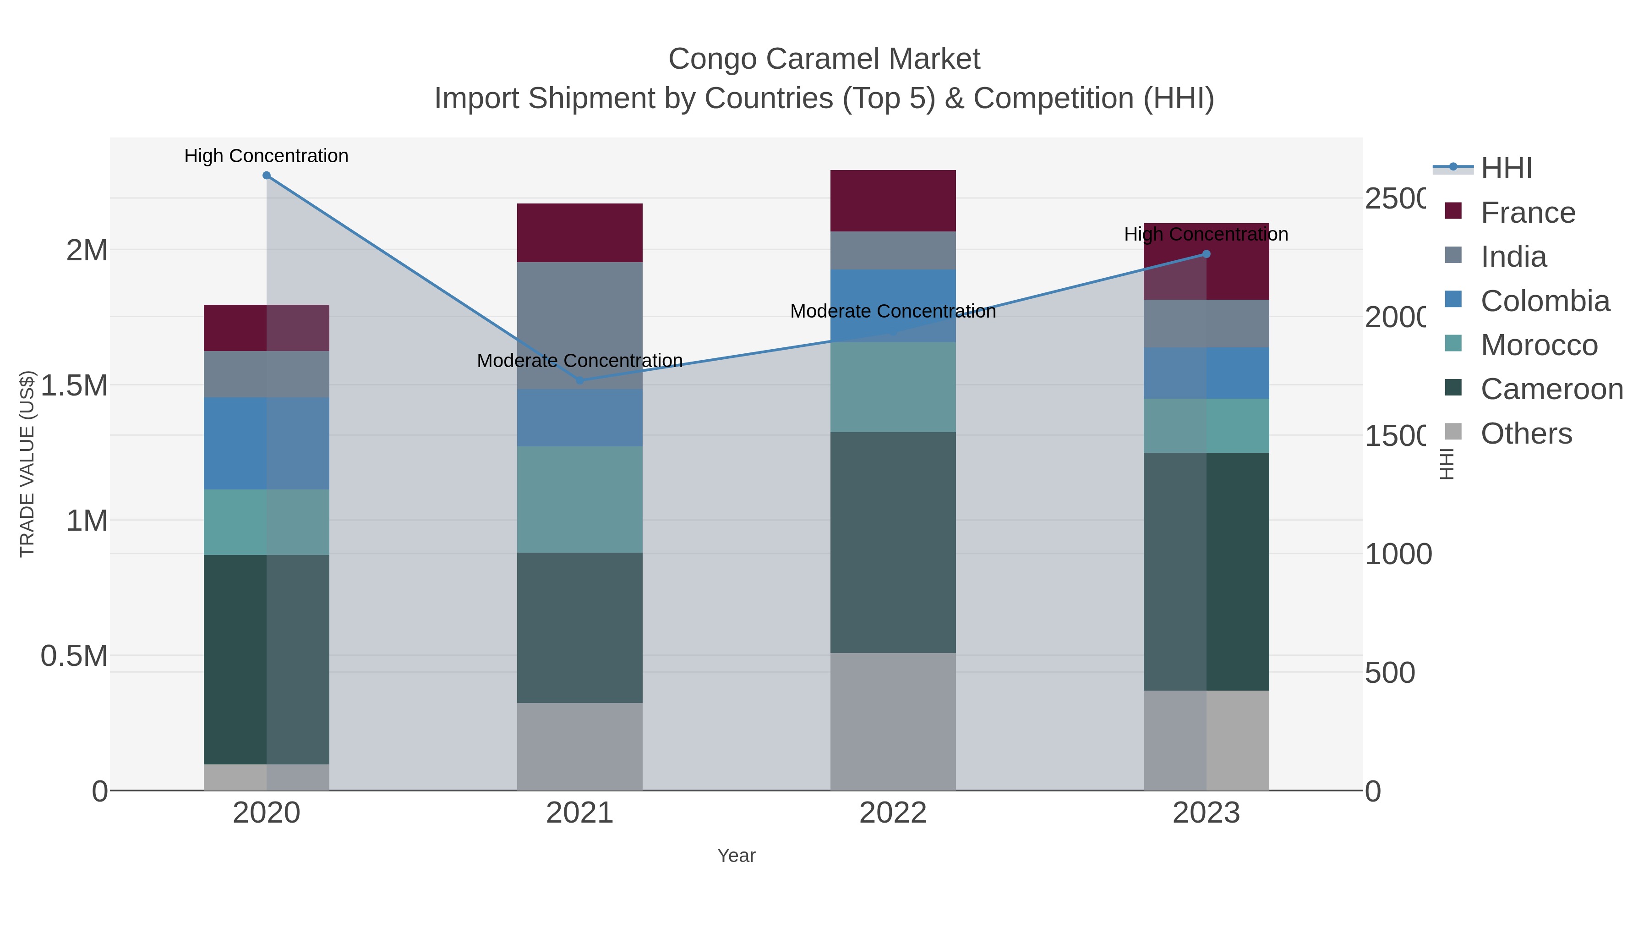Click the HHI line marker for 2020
(x=266, y=176)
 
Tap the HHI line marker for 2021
(x=580, y=380)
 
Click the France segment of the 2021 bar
(x=579, y=232)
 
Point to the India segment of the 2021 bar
(x=579, y=325)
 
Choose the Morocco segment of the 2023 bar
(x=1206, y=426)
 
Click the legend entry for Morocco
(x=1539, y=345)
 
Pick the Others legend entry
(x=1526, y=434)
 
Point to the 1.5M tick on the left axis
(x=74, y=385)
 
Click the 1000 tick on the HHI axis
(x=1398, y=554)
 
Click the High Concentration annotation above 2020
(x=266, y=156)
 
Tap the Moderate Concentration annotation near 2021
(x=579, y=361)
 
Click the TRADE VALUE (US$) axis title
(x=27, y=464)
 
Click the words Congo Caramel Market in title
(x=824, y=59)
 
